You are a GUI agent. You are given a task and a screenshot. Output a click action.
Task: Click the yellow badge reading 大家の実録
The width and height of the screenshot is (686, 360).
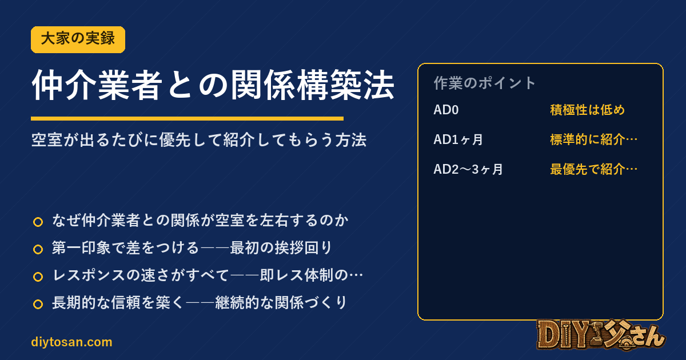point(78,39)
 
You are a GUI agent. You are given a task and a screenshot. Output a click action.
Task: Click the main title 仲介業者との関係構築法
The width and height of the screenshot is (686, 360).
point(213,85)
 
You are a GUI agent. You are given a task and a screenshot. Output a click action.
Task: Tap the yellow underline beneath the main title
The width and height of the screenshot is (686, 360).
point(187,118)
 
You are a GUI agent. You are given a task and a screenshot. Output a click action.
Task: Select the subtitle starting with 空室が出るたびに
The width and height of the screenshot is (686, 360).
point(199,140)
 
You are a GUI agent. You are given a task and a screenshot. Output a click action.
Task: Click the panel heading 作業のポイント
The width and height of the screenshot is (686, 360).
point(485,83)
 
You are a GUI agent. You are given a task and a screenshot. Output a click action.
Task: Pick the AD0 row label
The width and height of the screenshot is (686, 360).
point(446,110)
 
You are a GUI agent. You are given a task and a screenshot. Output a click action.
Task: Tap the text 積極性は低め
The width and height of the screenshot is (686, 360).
point(588,110)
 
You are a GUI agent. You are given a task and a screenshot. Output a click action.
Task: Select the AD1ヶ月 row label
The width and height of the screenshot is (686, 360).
point(458,139)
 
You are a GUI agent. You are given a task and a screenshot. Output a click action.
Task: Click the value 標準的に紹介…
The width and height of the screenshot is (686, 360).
point(594,139)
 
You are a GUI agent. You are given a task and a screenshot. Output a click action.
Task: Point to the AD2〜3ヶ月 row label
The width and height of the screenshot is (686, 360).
point(468,169)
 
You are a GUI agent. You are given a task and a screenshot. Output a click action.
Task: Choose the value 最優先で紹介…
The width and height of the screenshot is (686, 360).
point(594,169)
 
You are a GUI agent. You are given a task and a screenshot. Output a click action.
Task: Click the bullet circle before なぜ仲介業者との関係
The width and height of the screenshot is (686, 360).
point(38,222)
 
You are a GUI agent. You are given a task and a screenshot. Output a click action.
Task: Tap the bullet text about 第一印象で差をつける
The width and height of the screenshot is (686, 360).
point(192,247)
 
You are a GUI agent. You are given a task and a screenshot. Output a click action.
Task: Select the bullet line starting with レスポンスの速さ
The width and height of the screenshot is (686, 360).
point(208,275)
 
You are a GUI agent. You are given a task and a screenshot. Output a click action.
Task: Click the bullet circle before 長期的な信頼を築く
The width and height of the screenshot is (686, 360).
point(38,304)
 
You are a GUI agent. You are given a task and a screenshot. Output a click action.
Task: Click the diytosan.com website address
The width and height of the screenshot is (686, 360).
point(71,342)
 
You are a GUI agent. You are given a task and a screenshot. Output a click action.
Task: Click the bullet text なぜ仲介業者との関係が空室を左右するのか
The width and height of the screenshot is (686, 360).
point(200,221)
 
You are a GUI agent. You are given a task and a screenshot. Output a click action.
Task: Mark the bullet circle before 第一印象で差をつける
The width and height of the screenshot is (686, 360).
point(38,250)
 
